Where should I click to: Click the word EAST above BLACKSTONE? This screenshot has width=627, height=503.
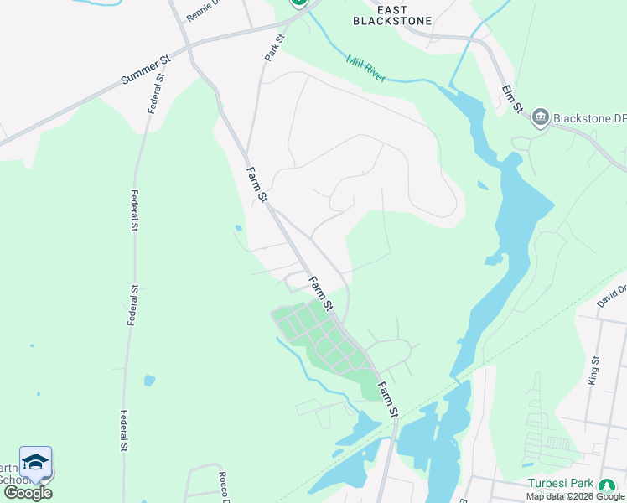point(393,9)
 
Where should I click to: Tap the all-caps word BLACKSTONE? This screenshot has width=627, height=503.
point(393,21)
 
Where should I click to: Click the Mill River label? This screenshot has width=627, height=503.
point(365,68)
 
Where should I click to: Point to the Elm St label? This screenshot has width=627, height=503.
point(512,98)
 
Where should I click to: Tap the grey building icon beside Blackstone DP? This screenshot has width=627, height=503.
point(541,117)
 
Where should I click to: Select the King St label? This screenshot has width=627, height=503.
point(594,370)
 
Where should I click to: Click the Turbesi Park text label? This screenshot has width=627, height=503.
point(561,484)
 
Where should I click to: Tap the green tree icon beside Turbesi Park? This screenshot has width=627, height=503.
point(608,484)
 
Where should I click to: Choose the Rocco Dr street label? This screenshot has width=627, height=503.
point(224,487)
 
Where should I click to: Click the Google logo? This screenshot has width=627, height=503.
point(28,492)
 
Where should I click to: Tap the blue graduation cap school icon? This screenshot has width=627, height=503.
point(35,462)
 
